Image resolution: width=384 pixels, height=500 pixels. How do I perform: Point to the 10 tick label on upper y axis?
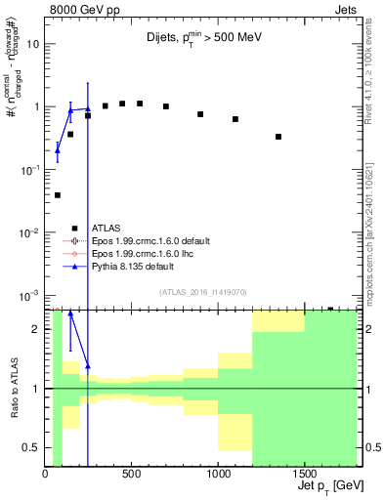point(33,44)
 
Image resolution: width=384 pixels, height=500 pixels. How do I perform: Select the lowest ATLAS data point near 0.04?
point(58,195)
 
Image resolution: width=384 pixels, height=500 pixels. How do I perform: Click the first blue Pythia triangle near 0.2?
point(58,150)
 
